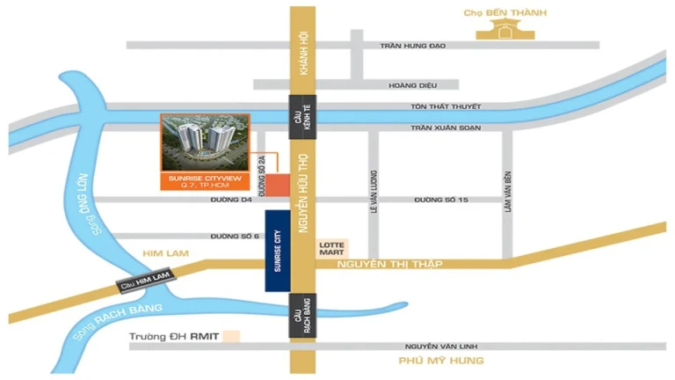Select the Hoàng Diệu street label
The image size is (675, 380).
pyautogui.click(x=411, y=85)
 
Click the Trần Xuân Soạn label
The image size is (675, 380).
pyautogui.click(x=446, y=128)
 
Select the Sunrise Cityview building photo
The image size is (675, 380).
pyautogui.click(x=204, y=143)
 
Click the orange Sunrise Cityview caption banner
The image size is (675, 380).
pyautogui.click(x=204, y=182)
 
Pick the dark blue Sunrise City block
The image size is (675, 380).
pyautogui.click(x=278, y=251)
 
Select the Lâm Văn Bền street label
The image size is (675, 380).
pyautogui.click(x=508, y=192)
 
